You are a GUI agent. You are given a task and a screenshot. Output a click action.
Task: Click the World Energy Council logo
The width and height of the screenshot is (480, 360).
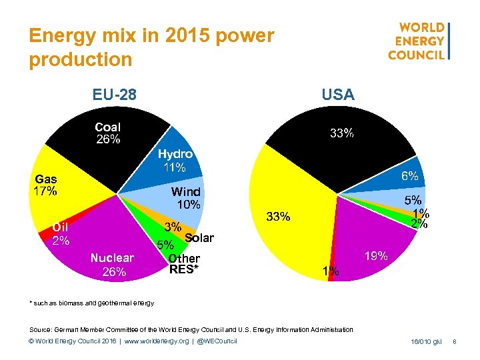coord(419,41)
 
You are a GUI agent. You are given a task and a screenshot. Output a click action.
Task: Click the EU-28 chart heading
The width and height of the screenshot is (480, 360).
coord(115,95)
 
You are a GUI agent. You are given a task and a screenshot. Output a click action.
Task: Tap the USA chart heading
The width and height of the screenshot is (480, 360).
coord(338,95)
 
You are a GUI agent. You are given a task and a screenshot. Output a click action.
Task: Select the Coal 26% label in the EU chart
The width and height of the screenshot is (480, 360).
coord(108,133)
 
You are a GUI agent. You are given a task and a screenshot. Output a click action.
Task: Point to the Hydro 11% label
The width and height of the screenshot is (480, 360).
coord(175,161)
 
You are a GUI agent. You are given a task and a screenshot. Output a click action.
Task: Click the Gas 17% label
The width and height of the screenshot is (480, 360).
coord(46,185)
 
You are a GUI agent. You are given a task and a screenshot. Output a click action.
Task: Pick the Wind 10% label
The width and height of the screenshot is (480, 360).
coord(185,198)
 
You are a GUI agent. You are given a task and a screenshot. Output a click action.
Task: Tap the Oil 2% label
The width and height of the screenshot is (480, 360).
coord(61,233)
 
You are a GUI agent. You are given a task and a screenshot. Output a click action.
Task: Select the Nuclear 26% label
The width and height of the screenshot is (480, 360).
coord(112,264)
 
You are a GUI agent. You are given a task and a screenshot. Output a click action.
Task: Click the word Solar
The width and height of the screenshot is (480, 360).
coord(199,238)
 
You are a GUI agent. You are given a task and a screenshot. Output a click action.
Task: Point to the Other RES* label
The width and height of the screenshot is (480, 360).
coord(184,264)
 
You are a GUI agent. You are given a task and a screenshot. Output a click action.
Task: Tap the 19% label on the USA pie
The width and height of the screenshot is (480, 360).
coord(376,255)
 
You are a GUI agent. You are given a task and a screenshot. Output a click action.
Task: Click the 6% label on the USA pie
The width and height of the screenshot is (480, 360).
coord(409,176)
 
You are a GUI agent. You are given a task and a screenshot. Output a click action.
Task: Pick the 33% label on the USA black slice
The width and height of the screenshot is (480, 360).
coord(342,133)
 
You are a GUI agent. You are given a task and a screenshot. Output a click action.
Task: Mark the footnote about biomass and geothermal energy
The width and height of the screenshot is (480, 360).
coord(92,303)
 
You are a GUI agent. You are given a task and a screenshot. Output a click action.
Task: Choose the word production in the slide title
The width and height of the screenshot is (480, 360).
coord(81,60)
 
